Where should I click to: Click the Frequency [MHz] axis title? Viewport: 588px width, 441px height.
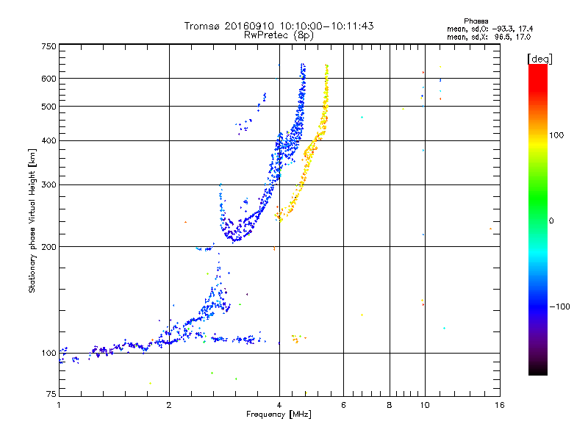pyautogui.click(x=279, y=415)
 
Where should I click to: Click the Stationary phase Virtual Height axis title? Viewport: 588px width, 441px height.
pyautogui.click(x=32, y=220)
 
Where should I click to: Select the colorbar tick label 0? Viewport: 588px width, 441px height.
pyautogui.click(x=551, y=220)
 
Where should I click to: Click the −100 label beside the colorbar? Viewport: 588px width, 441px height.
pyautogui.click(x=557, y=306)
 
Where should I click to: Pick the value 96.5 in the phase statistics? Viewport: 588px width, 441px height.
pyautogui.click(x=502, y=36)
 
